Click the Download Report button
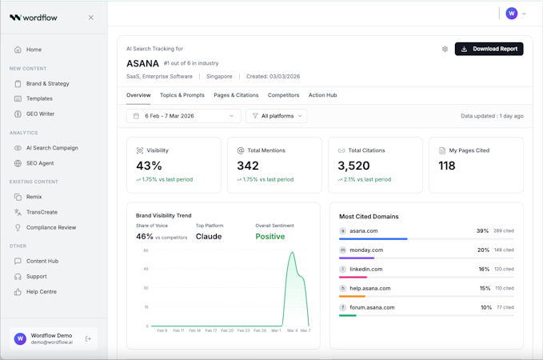coord(489,49)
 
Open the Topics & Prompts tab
coord(182,95)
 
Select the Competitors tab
coord(283,95)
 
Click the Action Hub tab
coord(322,95)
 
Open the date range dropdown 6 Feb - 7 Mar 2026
coord(183,116)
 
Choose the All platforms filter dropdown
coord(277,116)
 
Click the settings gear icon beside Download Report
coord(445,49)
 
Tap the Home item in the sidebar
coord(34,50)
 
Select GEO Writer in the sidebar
coord(40,114)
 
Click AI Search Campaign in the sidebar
coord(52,148)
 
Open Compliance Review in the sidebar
coord(51,227)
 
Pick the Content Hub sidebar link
coord(42,261)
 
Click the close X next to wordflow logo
coord(91,18)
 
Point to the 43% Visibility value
coord(150,166)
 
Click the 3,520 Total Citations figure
coord(353,166)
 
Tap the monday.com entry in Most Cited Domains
coord(366,250)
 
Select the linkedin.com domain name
coord(366,269)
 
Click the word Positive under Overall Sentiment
coord(270,237)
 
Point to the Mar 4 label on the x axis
coord(292,330)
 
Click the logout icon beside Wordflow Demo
coord(89,338)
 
